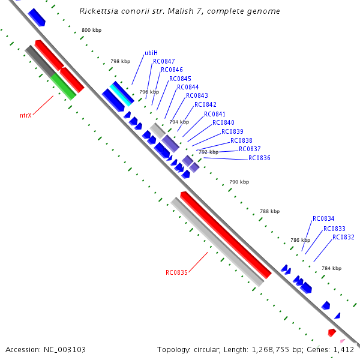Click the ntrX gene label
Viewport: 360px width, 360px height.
[x=26, y=115]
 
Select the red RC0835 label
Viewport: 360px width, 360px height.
[x=177, y=272]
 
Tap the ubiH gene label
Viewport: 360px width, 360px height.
[x=151, y=53]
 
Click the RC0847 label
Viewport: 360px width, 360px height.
[x=164, y=62]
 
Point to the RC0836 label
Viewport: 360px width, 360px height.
[x=259, y=158]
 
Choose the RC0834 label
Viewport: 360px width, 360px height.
[x=323, y=219]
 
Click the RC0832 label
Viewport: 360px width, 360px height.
[x=343, y=237]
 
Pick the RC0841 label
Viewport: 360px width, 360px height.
[x=215, y=114]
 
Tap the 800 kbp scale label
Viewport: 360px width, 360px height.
[x=92, y=30]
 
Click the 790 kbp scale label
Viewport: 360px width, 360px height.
[x=239, y=182]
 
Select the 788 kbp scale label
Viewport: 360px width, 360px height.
[x=269, y=211]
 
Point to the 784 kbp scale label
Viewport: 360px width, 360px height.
[x=331, y=268]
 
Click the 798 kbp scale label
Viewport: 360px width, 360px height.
[x=120, y=61]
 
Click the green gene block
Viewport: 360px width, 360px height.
[x=64, y=86]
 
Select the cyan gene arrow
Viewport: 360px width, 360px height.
[x=121, y=94]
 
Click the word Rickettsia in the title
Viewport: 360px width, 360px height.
[x=99, y=11]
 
